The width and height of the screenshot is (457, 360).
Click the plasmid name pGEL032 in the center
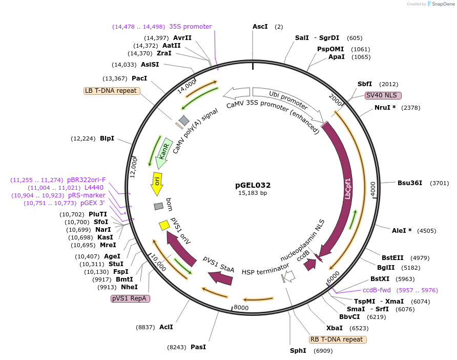[x=253, y=185]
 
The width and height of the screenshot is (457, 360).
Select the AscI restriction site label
[x=260, y=26]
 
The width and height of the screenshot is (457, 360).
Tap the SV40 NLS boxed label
[x=383, y=95]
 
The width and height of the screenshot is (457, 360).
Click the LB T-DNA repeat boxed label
[x=111, y=91]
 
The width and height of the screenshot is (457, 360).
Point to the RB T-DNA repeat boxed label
[x=338, y=339]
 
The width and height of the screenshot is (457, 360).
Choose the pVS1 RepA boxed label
[x=130, y=298]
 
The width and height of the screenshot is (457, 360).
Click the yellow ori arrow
[x=157, y=183]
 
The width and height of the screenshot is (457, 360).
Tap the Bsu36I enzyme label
[x=410, y=183]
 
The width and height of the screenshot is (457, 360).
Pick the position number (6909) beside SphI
[x=323, y=351]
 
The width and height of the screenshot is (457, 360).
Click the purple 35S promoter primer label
[x=190, y=27]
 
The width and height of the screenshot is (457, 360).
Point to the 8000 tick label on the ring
[x=241, y=308]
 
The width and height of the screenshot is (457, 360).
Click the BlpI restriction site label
[x=107, y=138]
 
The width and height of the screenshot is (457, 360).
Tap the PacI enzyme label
[x=139, y=78]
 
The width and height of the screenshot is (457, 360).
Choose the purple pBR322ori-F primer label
[x=86, y=180]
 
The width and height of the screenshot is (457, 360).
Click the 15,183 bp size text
[x=253, y=193]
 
